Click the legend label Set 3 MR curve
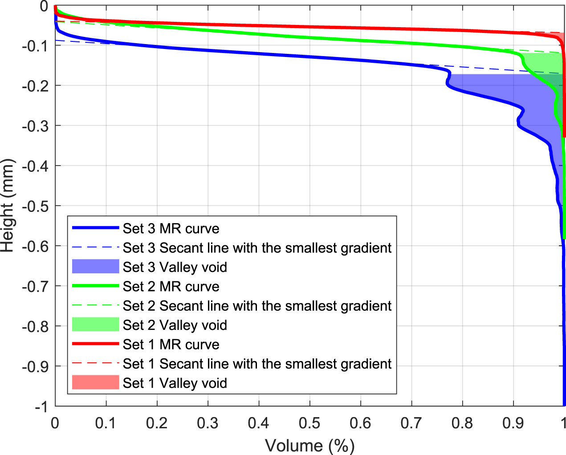(171, 228)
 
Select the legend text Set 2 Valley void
(175, 325)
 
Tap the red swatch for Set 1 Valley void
(95, 382)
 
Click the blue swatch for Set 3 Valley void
(95, 267)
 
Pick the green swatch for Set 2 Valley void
(95, 325)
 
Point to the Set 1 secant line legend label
(257, 364)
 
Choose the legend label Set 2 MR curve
(171, 286)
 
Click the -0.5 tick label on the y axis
(35, 206)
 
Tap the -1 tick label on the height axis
(41, 406)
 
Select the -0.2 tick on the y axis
(35, 85)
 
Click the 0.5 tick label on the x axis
(309, 422)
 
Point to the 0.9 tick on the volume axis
(513, 422)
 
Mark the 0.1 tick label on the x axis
(106, 422)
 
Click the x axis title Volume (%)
(309, 445)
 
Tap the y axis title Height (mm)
(8, 206)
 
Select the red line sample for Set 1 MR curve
(95, 344)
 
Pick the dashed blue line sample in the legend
(95, 248)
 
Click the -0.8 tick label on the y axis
(35, 326)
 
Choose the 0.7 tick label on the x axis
(411, 422)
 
